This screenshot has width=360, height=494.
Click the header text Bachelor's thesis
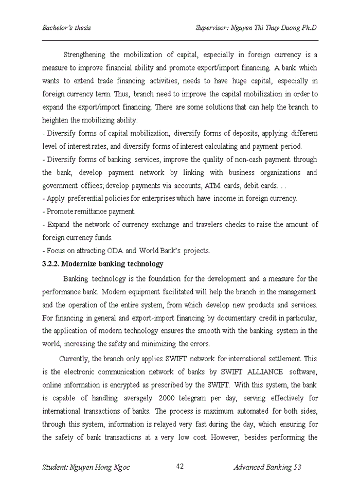pyautogui.click(x=66, y=27)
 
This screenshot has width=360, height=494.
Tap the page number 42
pyautogui.click(x=180, y=466)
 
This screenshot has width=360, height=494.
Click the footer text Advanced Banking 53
pyautogui.click(x=267, y=467)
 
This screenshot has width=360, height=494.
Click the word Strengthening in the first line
pyautogui.click(x=84, y=55)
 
